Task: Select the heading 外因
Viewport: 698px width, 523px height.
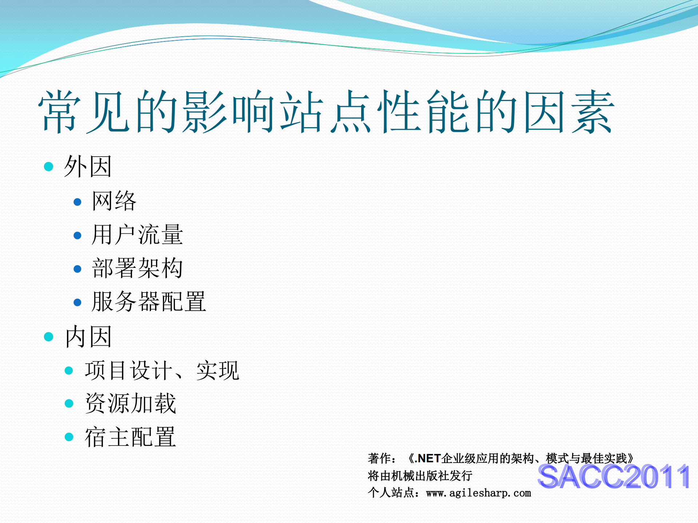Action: (88, 166)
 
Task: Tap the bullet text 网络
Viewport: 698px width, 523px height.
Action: (114, 201)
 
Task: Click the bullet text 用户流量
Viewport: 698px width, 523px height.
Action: (137, 235)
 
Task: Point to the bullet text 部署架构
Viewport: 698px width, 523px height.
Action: (137, 268)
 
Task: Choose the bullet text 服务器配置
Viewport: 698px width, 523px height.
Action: (149, 302)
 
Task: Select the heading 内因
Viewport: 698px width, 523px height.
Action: (88, 337)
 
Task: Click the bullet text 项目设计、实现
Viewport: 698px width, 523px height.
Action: (162, 371)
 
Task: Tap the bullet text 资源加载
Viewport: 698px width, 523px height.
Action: (131, 403)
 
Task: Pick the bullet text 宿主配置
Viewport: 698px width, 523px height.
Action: (131, 437)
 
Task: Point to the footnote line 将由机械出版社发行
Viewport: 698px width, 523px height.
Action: (420, 476)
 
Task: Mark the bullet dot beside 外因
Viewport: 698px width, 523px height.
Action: (48, 167)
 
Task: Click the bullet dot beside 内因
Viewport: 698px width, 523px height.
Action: (48, 337)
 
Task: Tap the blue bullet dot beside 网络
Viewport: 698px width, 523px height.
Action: (77, 202)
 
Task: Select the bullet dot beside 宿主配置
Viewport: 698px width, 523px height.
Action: (69, 437)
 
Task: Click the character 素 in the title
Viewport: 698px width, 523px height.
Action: (593, 112)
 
